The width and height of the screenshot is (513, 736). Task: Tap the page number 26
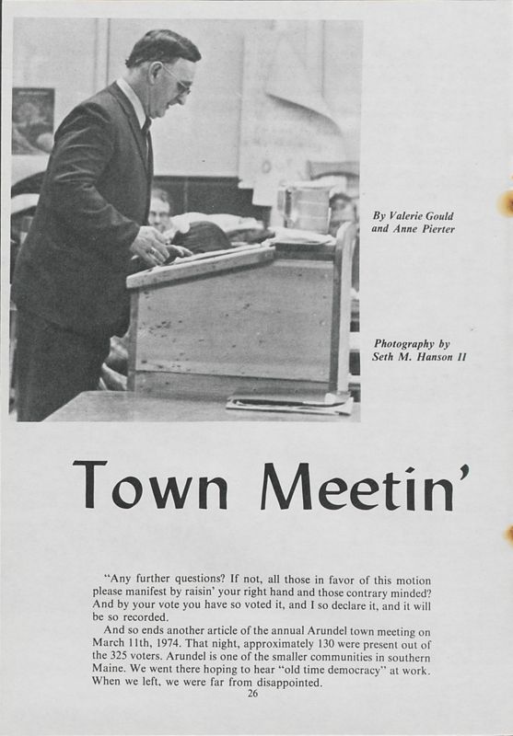pos(254,693)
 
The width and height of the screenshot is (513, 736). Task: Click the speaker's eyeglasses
pos(177,79)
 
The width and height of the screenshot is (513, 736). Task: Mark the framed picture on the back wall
pos(32,120)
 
